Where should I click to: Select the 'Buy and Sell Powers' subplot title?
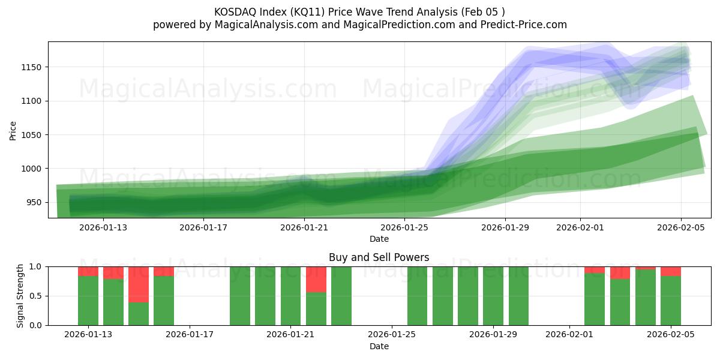[x=379, y=257]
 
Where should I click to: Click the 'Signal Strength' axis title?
[x=20, y=295]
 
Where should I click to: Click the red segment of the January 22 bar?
[x=316, y=279]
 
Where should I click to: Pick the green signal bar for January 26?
[x=418, y=296]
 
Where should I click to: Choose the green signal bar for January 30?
[x=518, y=296]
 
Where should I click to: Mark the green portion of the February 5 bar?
[x=671, y=301]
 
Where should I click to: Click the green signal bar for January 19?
[x=240, y=296]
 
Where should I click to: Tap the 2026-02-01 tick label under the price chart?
[x=580, y=227]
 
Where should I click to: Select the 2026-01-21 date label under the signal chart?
[x=291, y=334]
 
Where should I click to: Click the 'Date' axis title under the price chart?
[x=379, y=239]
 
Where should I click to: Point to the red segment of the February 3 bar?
[x=620, y=272]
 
